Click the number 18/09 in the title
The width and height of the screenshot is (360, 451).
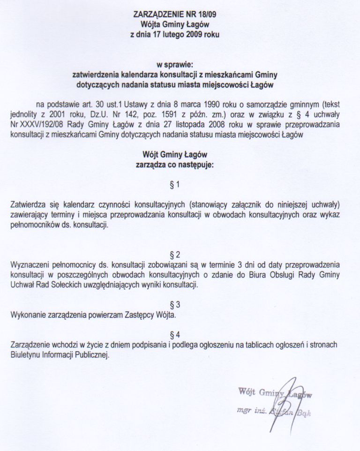(207, 15)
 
